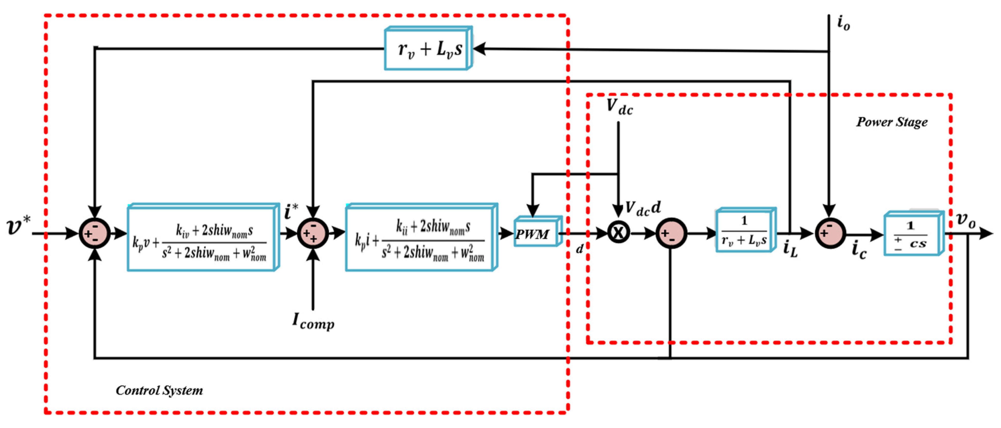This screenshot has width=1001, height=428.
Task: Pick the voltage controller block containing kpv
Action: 202,238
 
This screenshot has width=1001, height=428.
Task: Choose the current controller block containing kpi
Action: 421,238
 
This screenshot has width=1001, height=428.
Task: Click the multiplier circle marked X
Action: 618,233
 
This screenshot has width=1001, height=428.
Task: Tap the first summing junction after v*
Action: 95,233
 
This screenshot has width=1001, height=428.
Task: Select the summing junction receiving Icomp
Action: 313,233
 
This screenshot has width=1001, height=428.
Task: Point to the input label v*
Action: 18,226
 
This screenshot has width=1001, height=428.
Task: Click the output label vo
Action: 966,220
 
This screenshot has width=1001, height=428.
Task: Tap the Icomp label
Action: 313,322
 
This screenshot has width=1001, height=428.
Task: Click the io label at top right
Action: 843,23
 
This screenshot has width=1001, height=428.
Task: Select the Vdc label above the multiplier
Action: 620,107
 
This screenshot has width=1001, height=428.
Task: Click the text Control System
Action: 159,390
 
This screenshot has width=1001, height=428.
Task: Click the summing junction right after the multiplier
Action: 671,233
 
